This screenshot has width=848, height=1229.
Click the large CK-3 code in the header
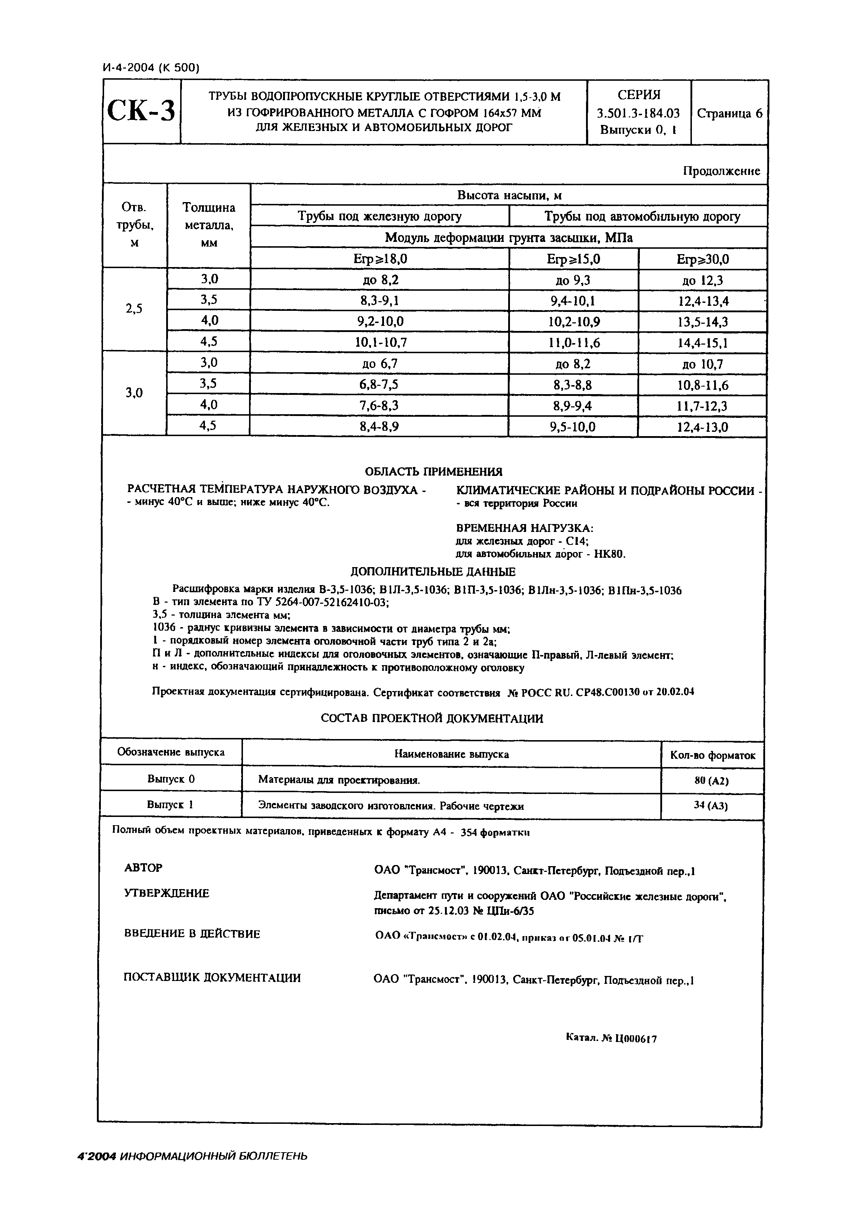click(141, 112)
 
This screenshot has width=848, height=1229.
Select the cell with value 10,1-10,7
click(380, 343)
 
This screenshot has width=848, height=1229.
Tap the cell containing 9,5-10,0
click(574, 427)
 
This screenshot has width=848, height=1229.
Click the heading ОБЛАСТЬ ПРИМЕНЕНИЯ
click(434, 471)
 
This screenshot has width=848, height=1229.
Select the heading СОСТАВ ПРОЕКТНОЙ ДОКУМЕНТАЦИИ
click(432, 719)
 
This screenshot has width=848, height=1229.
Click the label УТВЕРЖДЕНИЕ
click(167, 894)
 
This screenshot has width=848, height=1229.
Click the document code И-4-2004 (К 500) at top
click(150, 67)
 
